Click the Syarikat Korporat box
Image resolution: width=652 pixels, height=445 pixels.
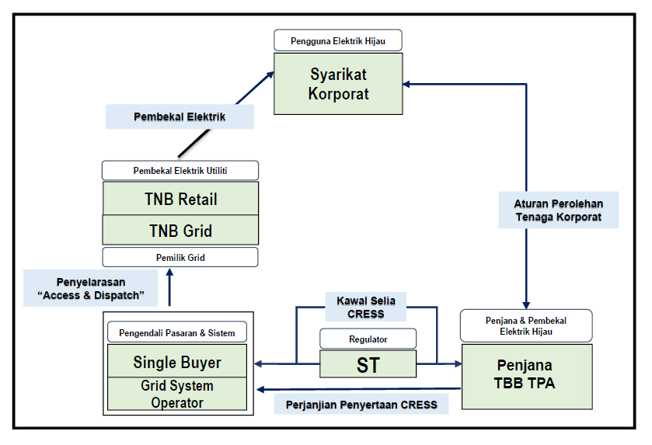click(338, 85)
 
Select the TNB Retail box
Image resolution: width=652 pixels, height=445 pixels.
click(180, 199)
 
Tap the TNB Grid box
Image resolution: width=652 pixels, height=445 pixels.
click(180, 231)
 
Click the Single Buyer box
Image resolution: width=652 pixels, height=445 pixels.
click(177, 362)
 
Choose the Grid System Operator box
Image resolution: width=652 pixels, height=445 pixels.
click(177, 394)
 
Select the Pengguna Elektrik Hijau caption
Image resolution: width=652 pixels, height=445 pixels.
click(338, 41)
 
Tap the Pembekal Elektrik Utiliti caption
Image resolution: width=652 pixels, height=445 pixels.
click(180, 170)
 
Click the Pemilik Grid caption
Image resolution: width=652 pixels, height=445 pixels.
click(180, 257)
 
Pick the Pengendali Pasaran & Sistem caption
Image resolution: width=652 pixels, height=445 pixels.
click(177, 333)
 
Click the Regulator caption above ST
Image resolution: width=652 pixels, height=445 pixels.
click(368, 339)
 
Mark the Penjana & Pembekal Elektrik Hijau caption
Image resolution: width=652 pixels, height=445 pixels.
click(525, 325)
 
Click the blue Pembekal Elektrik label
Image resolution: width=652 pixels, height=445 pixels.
click(180, 117)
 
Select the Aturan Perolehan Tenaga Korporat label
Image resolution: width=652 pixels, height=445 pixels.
click(558, 210)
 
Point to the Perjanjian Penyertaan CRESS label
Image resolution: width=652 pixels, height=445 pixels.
click(361, 405)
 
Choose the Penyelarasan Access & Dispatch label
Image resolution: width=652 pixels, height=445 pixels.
click(90, 288)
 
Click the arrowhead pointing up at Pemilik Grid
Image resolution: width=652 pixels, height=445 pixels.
click(170, 273)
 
